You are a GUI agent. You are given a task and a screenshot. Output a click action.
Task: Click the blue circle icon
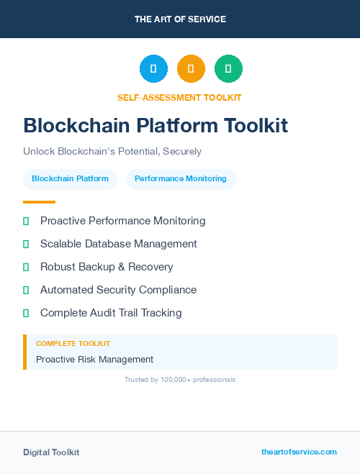point(153,69)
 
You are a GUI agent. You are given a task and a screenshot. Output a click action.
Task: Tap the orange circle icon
point(191,69)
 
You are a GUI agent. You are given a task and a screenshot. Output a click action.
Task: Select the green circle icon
point(228,69)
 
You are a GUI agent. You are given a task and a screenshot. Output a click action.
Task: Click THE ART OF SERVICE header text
point(180,19)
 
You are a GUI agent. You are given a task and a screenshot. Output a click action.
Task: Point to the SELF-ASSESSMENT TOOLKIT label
point(179,98)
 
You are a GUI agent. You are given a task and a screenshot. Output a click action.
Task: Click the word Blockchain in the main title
point(69,126)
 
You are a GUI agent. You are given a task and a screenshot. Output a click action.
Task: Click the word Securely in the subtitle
point(183,152)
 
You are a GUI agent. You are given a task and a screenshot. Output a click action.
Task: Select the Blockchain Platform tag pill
point(70,178)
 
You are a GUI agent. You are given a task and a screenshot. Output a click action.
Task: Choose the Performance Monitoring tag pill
point(181,178)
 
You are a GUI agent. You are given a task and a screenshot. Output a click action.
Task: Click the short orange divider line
point(39,202)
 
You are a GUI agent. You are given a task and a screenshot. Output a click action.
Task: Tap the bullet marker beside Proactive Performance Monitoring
point(26,221)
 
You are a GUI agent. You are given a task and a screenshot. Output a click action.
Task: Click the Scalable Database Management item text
point(119,244)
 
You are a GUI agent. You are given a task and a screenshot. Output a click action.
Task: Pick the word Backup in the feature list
point(98,267)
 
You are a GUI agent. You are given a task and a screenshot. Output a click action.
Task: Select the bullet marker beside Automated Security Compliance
point(26,290)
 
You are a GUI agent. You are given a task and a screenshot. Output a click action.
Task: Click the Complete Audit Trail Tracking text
point(111,313)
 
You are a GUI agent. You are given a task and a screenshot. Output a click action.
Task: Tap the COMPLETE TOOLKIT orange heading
point(73,344)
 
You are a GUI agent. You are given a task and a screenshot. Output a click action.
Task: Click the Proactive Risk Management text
point(94,359)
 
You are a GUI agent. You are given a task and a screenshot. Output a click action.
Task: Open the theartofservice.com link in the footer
point(299,452)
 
